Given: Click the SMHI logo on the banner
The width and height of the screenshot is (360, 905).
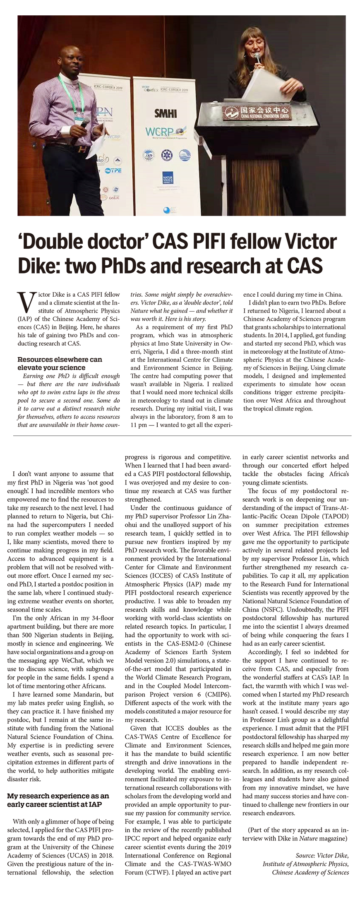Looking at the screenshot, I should (166, 113).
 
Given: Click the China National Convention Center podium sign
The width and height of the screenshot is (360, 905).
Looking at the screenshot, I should (256, 111).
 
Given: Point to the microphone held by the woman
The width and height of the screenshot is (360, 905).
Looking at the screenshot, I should (257, 58).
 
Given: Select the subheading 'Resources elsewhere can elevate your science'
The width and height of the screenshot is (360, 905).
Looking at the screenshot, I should (60, 363).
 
